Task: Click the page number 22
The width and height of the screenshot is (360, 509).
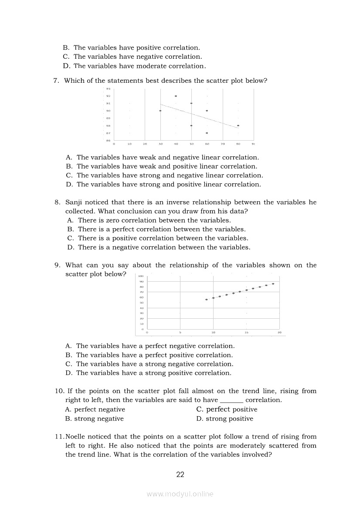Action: pos(180,475)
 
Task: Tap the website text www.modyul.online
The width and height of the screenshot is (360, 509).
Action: pos(180,494)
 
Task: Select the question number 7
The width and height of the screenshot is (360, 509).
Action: pos(56,81)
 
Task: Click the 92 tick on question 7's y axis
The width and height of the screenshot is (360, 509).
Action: pos(108,96)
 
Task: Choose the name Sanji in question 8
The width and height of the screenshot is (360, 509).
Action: pos(74,202)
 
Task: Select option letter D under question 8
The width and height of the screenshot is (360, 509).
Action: pos(70,247)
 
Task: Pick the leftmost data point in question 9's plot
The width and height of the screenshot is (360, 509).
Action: pos(207,300)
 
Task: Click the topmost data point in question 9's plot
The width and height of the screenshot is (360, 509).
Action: pos(273,284)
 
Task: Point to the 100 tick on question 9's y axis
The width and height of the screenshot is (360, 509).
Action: pos(141,276)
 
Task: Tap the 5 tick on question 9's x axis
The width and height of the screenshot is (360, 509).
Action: pos(180,333)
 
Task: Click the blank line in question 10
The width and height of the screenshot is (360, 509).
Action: pos(231,400)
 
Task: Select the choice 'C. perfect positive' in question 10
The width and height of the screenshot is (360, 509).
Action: pos(227,409)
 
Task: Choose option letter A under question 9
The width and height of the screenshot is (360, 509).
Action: pos(68,346)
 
